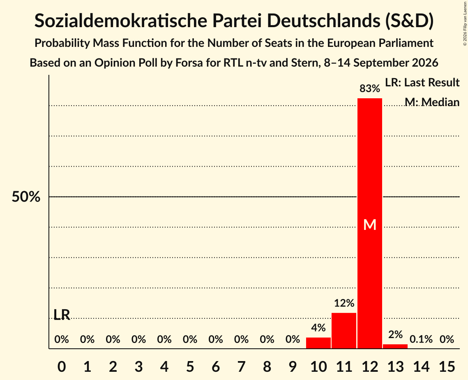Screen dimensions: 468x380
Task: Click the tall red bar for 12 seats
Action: coord(370,223)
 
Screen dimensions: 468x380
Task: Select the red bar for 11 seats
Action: coord(344,331)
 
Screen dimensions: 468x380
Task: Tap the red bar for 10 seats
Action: coord(318,343)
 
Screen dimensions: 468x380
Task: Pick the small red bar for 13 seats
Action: coord(395,346)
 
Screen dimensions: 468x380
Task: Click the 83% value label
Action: coord(370,88)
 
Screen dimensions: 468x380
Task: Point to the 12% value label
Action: coord(344,303)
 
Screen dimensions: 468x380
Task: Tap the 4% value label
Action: coord(318,328)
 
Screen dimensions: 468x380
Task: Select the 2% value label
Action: coord(395,334)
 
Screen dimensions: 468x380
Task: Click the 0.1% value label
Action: coord(421,339)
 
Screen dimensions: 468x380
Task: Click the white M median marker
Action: coord(370,225)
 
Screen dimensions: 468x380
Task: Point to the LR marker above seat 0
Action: coord(62,315)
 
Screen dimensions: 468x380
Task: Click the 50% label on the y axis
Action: coord(26,197)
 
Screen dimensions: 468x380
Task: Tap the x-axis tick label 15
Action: coord(447,366)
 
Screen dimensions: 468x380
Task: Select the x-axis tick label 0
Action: coord(62,366)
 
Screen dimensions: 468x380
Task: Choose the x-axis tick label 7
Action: coord(241,366)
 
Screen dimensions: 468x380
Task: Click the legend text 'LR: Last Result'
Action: coord(422,82)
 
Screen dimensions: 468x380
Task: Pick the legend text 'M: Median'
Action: coord(432,102)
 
